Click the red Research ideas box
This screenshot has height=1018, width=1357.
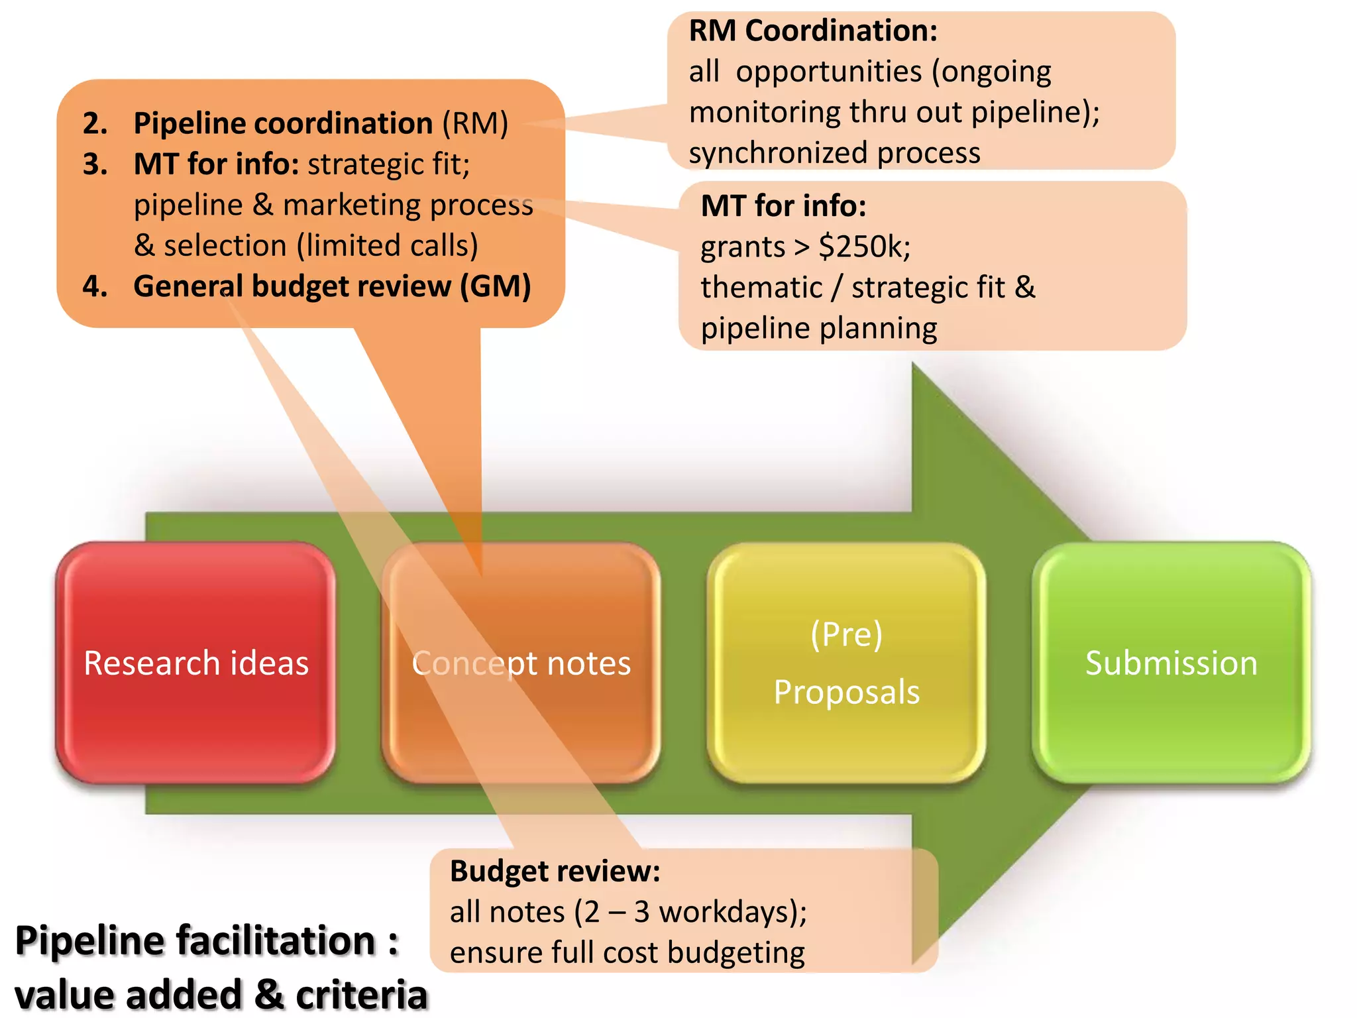(x=195, y=663)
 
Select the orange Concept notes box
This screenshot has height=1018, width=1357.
(x=521, y=663)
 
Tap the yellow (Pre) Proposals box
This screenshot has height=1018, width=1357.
(x=846, y=663)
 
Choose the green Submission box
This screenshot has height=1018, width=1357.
(x=1171, y=663)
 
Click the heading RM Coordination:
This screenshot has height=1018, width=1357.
(x=813, y=30)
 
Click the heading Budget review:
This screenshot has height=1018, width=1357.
(x=555, y=871)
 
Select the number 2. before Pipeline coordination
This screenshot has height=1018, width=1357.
(x=95, y=124)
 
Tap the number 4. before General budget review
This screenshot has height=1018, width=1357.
(x=95, y=286)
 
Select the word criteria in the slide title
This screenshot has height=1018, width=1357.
(x=362, y=995)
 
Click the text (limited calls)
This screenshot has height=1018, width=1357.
(x=387, y=246)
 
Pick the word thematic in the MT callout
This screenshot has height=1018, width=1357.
(x=761, y=288)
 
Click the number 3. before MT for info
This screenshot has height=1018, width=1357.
(x=95, y=164)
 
